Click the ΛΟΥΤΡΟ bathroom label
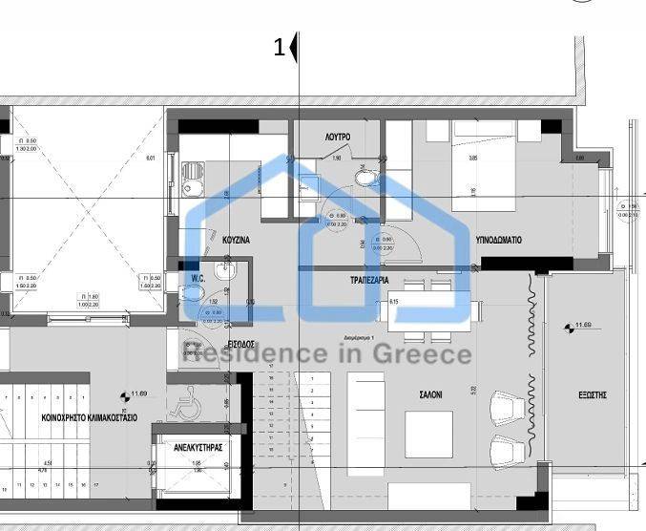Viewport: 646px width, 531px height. coord(337,138)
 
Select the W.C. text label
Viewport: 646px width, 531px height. coord(198,279)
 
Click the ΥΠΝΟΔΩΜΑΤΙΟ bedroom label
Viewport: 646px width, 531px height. coord(498,241)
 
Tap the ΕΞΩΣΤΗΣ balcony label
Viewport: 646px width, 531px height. coord(593,394)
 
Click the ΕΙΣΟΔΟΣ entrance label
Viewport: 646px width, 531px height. coord(241,343)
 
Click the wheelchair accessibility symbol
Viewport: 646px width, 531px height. coord(183,403)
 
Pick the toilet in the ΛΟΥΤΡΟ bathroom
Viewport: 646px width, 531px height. coord(364,176)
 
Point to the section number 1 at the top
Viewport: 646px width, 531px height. coord(280,47)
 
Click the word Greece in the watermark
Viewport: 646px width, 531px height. coord(427,355)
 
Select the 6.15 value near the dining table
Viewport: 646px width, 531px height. coord(393,302)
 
